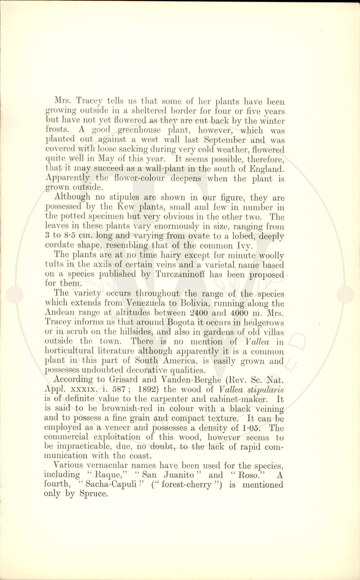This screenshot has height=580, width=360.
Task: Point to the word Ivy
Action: pos(235,245)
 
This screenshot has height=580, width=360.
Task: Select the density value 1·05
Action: pos(252,428)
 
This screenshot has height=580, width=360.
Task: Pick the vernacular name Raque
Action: pos(109,475)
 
